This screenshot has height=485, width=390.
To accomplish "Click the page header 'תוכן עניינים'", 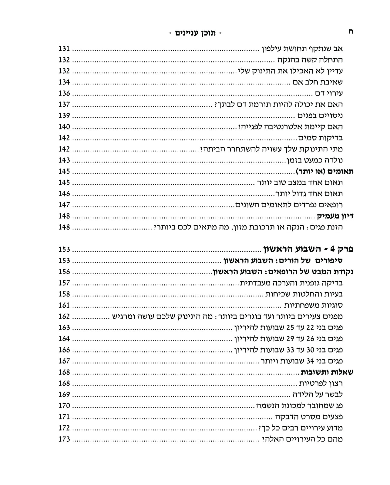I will (195, 33).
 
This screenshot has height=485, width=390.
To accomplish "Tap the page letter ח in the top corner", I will (351, 32).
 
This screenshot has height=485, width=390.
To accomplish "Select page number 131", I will (64, 48).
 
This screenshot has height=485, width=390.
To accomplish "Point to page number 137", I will (64, 105).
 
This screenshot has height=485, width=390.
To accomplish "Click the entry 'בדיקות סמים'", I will (320, 138).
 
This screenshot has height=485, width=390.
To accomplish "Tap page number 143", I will (64, 160).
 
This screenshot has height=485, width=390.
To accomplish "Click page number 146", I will (64, 194).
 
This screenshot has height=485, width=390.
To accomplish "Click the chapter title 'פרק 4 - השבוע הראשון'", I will (308, 249).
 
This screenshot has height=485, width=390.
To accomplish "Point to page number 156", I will (64, 272).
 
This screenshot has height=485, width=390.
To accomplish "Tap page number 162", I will (64, 316).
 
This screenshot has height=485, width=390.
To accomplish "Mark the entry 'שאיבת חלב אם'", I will (318, 82).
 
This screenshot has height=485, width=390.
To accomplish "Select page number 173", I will (64, 439).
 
